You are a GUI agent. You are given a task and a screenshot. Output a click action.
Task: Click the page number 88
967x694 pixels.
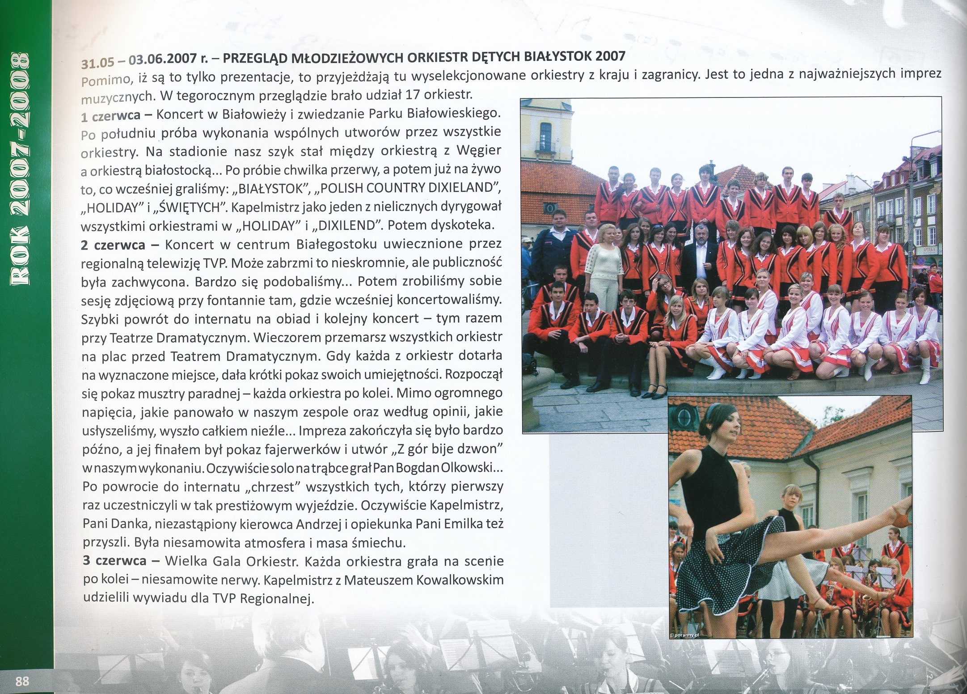coord(22,681)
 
